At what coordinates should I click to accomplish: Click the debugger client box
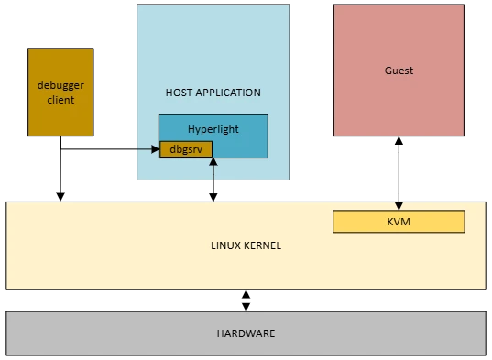60,92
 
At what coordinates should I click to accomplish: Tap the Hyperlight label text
213,129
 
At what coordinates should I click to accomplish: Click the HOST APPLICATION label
213,93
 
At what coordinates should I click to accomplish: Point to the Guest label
399,71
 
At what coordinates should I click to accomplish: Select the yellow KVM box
399,222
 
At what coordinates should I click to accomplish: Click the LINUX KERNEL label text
246,245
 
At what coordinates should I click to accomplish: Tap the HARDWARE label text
246,333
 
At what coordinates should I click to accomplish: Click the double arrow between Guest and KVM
399,174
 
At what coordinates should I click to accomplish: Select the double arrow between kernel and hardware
246,300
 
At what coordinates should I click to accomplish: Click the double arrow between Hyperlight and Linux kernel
213,180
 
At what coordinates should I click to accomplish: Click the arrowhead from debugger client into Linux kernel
60,195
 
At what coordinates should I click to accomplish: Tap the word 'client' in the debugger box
60,99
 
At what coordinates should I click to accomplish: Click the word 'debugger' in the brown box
60,85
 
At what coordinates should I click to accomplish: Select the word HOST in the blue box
180,93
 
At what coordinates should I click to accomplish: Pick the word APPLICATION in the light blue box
228,93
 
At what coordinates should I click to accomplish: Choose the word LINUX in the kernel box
225,245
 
